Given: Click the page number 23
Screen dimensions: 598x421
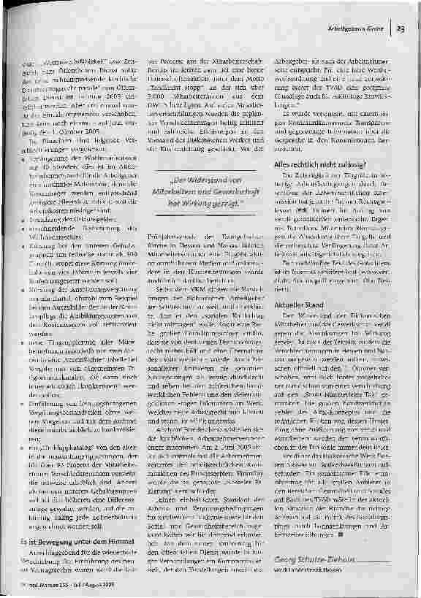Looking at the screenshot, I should point(401,28).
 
